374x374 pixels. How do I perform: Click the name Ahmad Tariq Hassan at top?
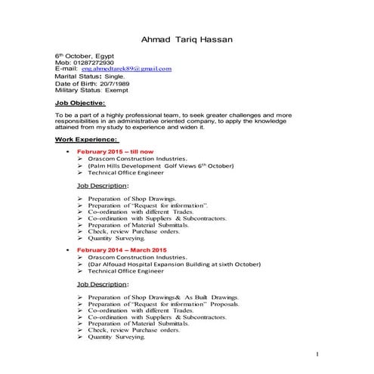pos(188,39)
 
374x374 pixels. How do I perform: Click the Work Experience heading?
pos(85,139)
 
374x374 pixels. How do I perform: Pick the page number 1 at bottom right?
pos(318,354)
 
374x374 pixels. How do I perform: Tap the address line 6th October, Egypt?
pos(84,56)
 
